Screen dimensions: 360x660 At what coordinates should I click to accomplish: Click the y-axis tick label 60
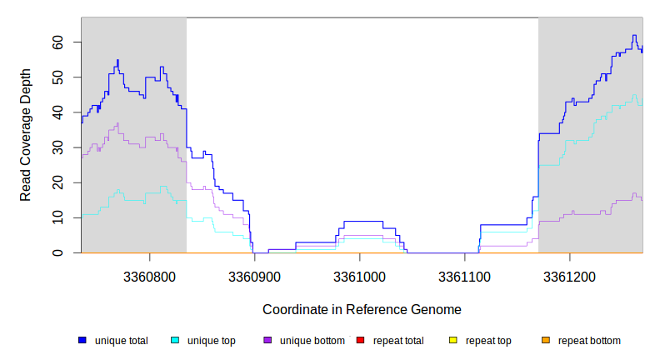57,42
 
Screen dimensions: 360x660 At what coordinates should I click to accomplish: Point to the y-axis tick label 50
57,77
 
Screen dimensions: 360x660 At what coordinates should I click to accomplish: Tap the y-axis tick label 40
57,112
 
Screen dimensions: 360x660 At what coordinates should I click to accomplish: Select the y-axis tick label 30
57,147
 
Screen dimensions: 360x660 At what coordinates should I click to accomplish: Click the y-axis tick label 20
57,182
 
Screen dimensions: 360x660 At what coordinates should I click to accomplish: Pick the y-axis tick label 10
57,217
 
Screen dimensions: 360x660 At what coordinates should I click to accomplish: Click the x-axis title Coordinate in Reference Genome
362,309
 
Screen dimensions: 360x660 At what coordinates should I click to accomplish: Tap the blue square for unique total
82,340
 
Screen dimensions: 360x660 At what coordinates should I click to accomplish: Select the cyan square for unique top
175,340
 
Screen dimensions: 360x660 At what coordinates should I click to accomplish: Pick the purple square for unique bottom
267,340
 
